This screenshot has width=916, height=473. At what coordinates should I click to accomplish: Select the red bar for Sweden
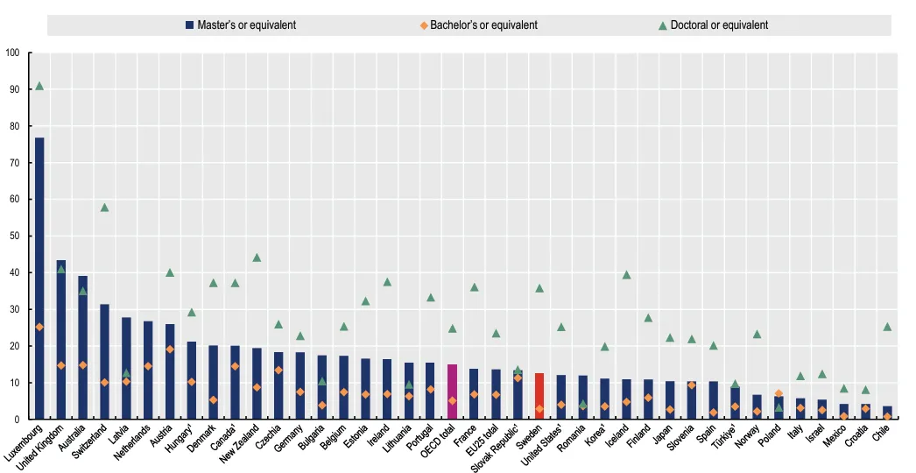tap(539, 396)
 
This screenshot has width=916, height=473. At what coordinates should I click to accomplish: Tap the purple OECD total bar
tap(453, 392)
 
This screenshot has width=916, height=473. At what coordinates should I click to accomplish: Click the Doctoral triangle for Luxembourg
tap(39, 86)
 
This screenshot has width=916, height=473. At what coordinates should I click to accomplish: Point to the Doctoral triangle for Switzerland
tap(104, 208)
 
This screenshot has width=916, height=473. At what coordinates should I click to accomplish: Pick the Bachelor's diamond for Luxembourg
tap(39, 327)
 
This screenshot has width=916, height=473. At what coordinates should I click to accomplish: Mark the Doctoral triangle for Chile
tap(887, 327)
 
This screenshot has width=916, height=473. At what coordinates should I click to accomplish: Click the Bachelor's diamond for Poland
tap(779, 393)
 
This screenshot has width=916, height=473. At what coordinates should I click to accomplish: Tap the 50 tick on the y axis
tap(14, 236)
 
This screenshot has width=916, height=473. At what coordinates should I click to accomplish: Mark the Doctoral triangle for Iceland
tap(626, 275)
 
